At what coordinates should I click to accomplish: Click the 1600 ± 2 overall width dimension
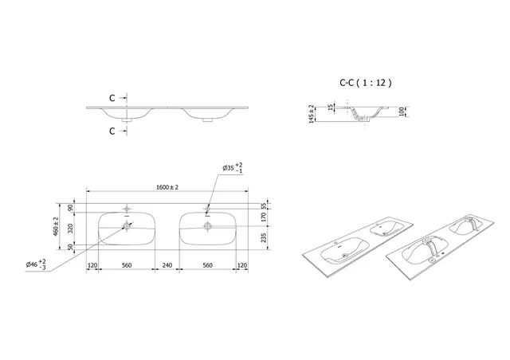click(x=167, y=186)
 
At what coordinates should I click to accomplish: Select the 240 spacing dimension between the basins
click(x=167, y=266)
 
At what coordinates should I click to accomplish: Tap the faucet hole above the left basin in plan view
click(x=126, y=209)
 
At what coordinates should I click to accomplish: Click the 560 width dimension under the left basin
click(x=126, y=266)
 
